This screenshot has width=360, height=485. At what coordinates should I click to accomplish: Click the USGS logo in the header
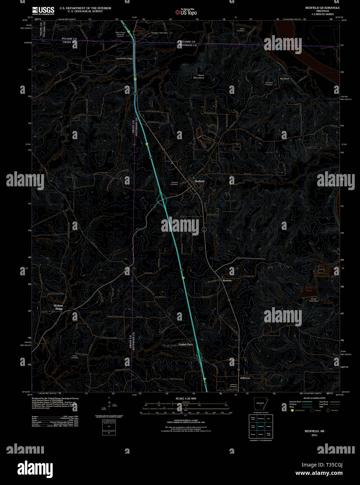click(43, 10)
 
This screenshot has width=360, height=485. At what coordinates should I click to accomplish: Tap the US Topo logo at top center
click(186, 12)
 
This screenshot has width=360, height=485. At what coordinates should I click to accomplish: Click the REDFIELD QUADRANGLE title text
click(322, 7)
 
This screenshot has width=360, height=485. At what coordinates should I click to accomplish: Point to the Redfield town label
click(200, 181)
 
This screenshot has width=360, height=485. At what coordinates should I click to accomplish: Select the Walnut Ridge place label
click(59, 307)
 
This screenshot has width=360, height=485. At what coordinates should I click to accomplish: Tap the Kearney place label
click(227, 280)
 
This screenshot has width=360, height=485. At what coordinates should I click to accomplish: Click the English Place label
click(186, 344)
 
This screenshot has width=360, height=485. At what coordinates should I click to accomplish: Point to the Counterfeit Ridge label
click(124, 59)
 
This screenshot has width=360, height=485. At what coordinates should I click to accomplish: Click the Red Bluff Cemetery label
click(269, 84)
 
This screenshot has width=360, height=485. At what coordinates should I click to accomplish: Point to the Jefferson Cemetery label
click(234, 385)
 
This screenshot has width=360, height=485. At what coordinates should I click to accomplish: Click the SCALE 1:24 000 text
click(186, 398)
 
